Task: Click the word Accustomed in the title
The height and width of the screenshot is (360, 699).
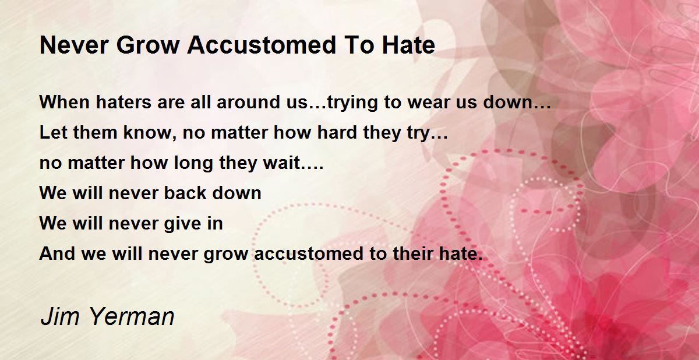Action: (262, 45)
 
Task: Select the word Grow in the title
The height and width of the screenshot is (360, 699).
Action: (147, 45)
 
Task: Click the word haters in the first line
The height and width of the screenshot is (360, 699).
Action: (123, 102)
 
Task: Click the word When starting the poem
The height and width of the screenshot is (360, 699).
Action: (65, 102)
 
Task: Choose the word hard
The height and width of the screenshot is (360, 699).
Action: (337, 132)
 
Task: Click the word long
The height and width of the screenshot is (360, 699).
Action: (193, 164)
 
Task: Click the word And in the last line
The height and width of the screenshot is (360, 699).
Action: (57, 253)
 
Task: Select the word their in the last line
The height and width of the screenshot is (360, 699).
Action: (412, 253)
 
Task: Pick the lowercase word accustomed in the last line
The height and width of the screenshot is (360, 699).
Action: (309, 253)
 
